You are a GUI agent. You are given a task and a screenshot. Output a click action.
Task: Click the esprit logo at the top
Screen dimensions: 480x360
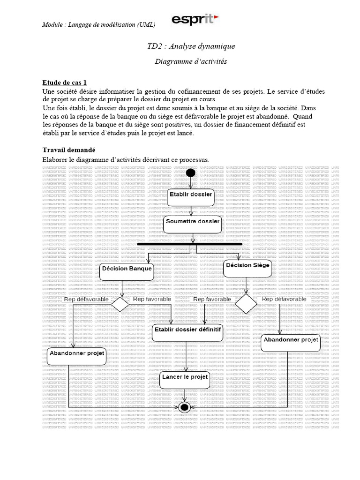[x=195, y=20]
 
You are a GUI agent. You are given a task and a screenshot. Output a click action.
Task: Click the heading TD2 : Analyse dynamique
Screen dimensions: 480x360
[x=191, y=46]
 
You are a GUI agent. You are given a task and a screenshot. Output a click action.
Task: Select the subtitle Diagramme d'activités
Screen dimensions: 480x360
[x=191, y=61]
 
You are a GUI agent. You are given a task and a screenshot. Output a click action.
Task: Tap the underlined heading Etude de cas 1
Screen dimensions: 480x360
[x=65, y=82]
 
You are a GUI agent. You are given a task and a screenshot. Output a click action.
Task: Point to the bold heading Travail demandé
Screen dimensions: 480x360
[x=69, y=150]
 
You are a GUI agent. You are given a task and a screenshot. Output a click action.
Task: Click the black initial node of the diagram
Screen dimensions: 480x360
[x=190, y=173]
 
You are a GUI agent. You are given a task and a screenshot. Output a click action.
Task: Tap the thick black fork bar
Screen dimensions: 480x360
[x=190, y=244]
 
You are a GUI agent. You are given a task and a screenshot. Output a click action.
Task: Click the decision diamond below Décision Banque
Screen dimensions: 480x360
[x=120, y=304]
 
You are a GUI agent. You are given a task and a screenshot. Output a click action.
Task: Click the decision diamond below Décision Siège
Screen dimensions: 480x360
[x=246, y=304]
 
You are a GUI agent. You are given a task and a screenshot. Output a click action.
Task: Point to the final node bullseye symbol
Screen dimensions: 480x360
[x=184, y=407]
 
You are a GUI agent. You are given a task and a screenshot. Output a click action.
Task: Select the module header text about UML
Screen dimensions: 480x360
[x=99, y=24]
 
